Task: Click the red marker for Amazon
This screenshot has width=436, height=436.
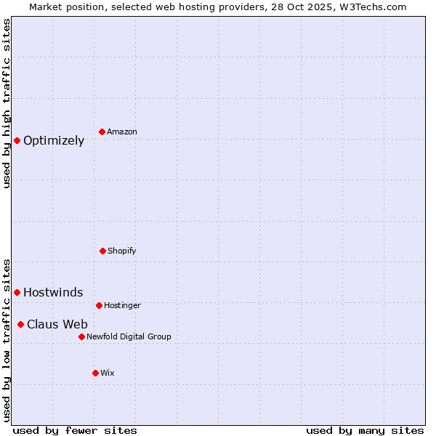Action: tap(102, 132)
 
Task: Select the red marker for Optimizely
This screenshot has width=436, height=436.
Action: tap(17, 140)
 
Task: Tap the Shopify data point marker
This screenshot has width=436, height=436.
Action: tap(102, 251)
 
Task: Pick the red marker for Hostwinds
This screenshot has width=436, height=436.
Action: tap(17, 292)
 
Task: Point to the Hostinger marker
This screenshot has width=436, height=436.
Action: tap(99, 305)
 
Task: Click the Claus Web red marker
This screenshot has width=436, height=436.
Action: tap(20, 324)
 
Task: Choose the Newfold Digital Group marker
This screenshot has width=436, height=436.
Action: tap(81, 336)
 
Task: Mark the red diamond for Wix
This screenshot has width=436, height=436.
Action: tap(95, 373)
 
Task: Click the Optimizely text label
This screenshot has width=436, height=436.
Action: tap(54, 141)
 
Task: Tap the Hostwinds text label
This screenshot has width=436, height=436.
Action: tap(53, 293)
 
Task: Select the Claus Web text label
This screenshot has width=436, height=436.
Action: tap(57, 325)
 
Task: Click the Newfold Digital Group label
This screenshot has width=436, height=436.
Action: tap(129, 336)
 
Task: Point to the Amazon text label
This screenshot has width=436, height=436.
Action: tap(122, 132)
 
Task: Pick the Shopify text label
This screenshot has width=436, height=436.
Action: tap(121, 251)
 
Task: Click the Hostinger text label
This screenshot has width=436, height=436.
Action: tap(122, 305)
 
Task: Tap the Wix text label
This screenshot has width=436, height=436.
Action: tap(108, 373)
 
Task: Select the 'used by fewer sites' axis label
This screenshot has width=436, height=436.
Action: tap(75, 430)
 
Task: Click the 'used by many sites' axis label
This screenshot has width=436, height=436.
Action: tap(365, 430)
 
